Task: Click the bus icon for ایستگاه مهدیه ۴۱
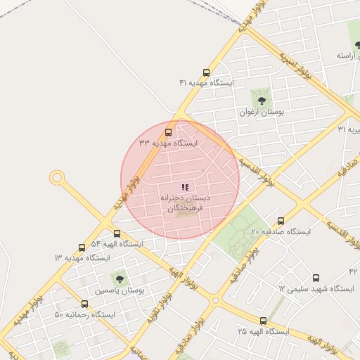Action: pos(206,72)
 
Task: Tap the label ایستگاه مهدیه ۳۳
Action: pos(168,143)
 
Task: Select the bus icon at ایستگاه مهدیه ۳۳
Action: pos(168,132)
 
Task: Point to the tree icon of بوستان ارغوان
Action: pos(262,101)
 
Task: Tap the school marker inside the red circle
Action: pos(185,187)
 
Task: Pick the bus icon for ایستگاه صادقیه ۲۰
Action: pos(281,221)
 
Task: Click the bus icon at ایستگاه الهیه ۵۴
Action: pos(117,234)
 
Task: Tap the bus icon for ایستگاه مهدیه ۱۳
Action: pos(82,247)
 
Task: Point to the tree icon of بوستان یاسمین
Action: pos(117,278)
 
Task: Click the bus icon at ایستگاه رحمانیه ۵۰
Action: pos(85,304)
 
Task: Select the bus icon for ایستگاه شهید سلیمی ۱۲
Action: pos(316,278)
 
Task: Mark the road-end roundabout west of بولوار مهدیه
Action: pos(57,178)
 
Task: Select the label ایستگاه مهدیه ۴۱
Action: pos(206,83)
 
